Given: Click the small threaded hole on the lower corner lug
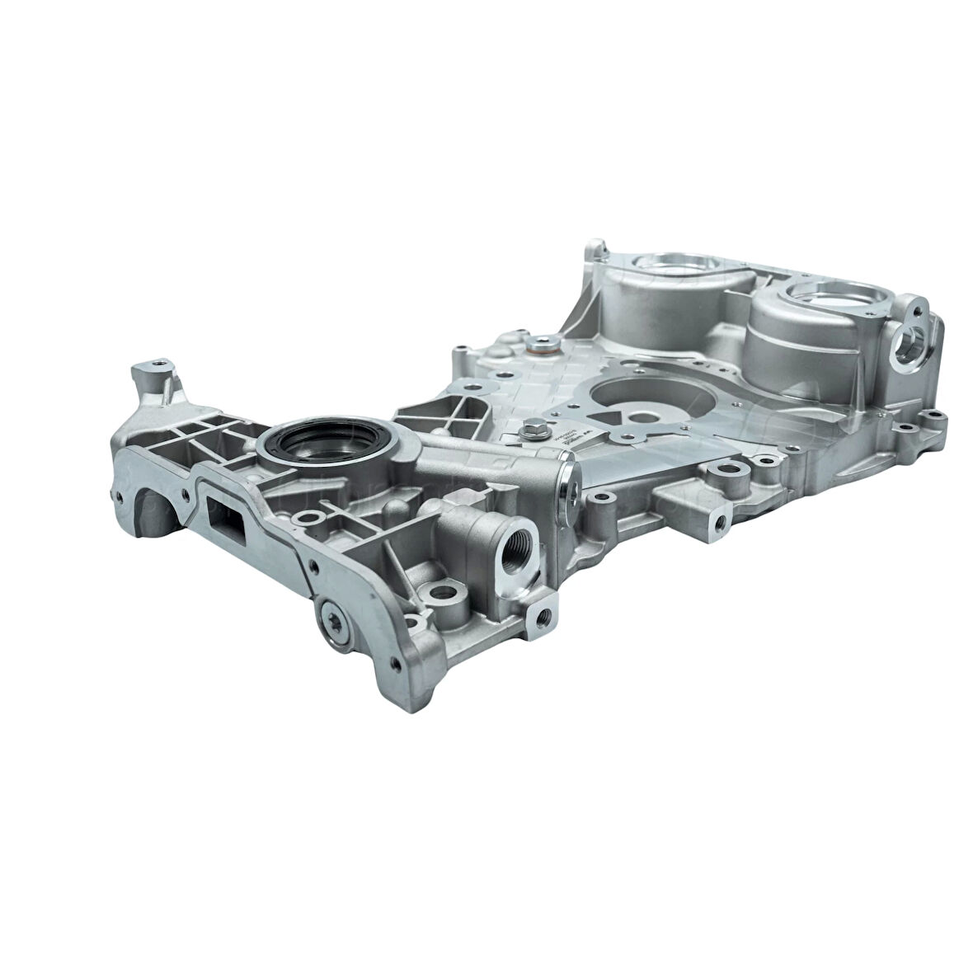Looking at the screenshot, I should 543,615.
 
